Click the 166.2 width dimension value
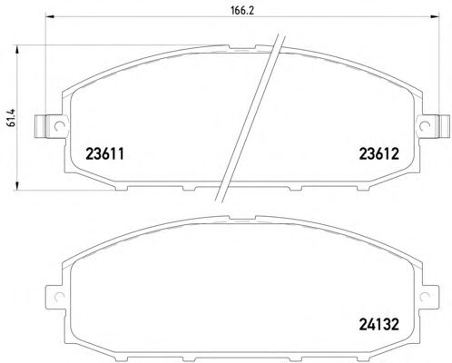[x=242, y=11]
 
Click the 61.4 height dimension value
[x=11, y=118]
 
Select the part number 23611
[x=105, y=154]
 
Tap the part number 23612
[x=379, y=154]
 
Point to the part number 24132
[x=379, y=325]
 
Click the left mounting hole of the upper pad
[x=59, y=126]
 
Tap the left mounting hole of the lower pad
[x=59, y=297]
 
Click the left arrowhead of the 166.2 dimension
[x=49, y=17]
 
